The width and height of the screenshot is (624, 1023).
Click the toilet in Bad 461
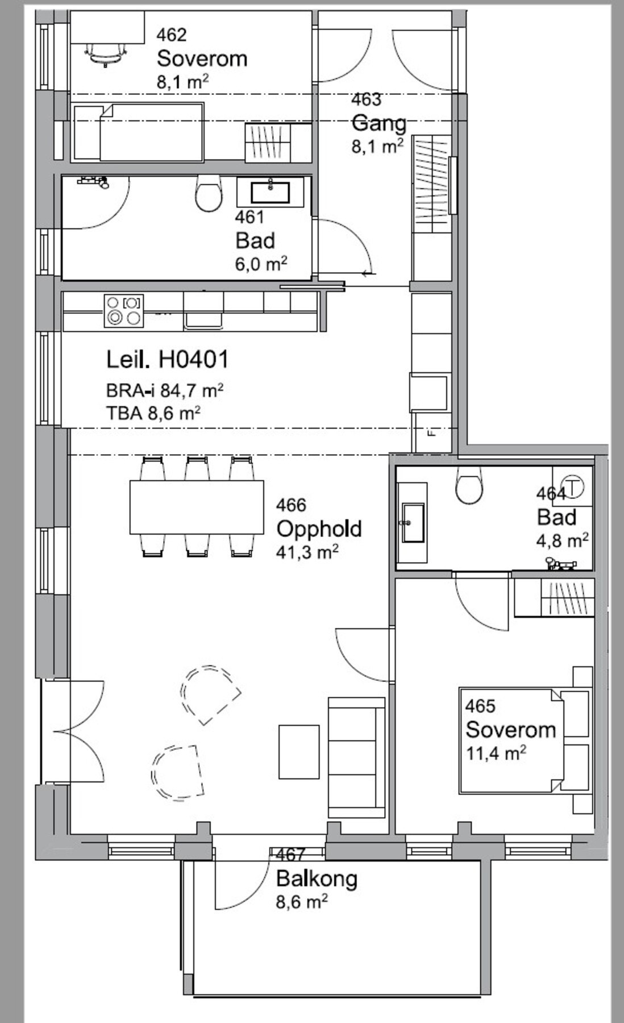[x=208, y=193]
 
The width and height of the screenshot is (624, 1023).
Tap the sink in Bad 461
[x=270, y=192]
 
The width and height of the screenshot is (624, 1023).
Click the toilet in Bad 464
[x=471, y=485]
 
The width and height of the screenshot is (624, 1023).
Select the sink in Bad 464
[x=414, y=522]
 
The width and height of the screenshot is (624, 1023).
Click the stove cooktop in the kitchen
[x=123, y=310]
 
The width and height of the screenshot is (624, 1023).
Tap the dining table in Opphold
[x=197, y=507]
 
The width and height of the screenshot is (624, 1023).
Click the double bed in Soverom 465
[x=523, y=741]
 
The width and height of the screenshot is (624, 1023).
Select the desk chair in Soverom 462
[x=106, y=53]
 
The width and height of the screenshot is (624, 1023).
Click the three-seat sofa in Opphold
[x=357, y=758]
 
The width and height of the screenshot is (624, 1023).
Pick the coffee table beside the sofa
[x=298, y=751]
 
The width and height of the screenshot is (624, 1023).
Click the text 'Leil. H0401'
[x=168, y=359]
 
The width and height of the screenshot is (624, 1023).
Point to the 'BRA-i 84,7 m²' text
[x=164, y=390]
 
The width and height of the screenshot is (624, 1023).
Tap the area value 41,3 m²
[x=307, y=552]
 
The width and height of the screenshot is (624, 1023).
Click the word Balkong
[x=317, y=879]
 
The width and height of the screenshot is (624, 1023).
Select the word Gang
[x=379, y=123]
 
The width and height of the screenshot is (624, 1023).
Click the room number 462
[x=172, y=35]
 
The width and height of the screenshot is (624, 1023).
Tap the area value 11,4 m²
[x=496, y=753]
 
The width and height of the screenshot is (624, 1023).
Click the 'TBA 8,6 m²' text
[x=153, y=413]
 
